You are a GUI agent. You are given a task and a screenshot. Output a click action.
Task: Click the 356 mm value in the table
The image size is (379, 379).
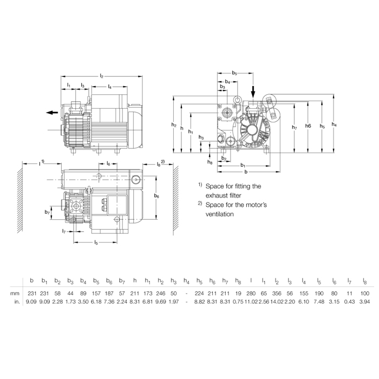277,293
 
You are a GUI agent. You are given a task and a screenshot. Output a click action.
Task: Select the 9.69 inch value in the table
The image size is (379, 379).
160,302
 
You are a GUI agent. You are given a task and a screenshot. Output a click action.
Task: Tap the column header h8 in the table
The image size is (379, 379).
238,281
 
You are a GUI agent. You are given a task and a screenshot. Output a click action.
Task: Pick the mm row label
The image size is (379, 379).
15,293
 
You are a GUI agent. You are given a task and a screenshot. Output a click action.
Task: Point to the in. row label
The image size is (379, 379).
17,302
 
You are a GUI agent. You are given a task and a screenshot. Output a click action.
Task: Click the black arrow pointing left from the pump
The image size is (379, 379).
52,113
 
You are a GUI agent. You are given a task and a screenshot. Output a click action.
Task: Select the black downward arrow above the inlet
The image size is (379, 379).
253,92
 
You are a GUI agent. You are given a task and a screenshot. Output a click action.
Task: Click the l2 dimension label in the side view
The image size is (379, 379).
102,76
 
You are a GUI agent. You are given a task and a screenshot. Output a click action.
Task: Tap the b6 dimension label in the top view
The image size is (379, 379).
156,196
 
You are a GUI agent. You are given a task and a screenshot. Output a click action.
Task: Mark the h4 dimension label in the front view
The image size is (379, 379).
334,124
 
